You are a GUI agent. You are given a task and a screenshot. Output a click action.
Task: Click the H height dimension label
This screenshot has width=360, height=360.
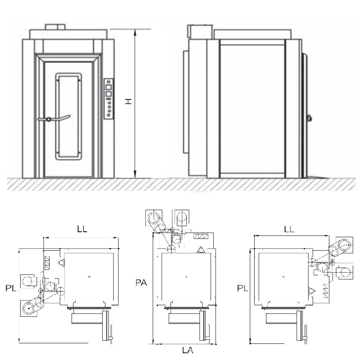(128, 103)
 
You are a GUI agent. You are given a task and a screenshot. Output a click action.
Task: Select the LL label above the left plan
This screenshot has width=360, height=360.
(81, 229)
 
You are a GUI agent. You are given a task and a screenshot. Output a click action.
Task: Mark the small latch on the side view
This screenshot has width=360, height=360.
(309, 118)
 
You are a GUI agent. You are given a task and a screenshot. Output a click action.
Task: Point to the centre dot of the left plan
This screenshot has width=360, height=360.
(90, 276)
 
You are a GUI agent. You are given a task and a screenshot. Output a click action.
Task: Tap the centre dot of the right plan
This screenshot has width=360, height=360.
(283, 276)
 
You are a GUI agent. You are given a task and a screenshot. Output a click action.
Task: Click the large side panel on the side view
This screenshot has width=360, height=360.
(252, 108)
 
